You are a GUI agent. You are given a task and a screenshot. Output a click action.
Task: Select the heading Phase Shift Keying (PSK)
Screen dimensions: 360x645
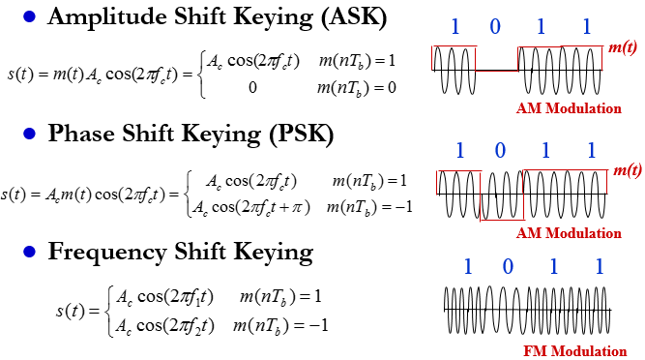pyautogui.click(x=191, y=135)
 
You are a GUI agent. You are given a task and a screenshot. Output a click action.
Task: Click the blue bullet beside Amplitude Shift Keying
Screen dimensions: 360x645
pyautogui.click(x=29, y=17)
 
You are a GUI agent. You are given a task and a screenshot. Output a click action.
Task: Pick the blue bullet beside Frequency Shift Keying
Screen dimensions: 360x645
pyautogui.click(x=29, y=254)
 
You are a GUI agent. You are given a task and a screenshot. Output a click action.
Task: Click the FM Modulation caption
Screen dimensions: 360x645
pyautogui.click(x=580, y=350)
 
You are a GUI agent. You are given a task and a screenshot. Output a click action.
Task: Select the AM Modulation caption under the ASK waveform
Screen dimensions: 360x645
pyautogui.click(x=571, y=108)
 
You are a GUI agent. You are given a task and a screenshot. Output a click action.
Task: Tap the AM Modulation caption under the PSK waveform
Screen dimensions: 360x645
pyautogui.click(x=571, y=233)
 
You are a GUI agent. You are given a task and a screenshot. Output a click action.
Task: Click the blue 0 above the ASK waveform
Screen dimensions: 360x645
pyautogui.click(x=495, y=26)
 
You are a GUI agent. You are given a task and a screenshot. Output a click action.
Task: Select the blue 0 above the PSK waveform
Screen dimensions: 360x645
pyautogui.click(x=501, y=151)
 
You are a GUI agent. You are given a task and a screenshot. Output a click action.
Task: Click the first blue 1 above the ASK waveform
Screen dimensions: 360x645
pyautogui.click(x=454, y=26)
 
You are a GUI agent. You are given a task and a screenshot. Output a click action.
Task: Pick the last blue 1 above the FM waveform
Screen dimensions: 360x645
pyautogui.click(x=601, y=266)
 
